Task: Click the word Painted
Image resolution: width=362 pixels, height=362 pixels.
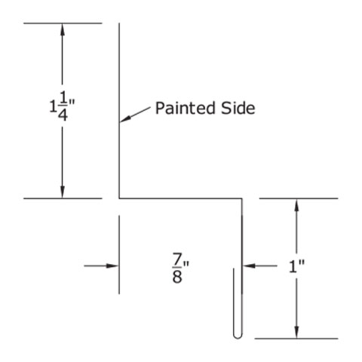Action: [x=186, y=108]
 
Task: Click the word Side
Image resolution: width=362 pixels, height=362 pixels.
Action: [x=238, y=108]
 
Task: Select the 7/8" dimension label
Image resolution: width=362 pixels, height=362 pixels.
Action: [x=180, y=268]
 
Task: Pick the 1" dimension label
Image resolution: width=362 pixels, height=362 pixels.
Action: [x=296, y=266]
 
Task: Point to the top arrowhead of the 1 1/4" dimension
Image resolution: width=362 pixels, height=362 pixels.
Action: [x=63, y=29]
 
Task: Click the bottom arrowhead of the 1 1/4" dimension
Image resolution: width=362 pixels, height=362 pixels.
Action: [x=63, y=192]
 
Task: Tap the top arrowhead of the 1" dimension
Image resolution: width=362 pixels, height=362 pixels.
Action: [x=297, y=205]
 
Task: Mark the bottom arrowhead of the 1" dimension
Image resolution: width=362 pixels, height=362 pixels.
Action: [x=297, y=333]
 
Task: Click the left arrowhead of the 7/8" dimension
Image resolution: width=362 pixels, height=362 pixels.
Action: [x=112, y=265]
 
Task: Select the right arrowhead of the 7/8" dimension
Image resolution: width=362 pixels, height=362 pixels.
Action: [x=249, y=265]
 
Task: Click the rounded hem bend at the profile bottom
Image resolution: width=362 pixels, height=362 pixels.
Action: [x=238, y=336]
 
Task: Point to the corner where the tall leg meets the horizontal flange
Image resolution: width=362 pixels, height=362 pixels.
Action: [x=119, y=198]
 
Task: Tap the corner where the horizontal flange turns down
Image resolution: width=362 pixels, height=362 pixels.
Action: [x=242, y=198]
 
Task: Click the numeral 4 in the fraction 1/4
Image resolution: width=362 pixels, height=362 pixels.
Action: [x=63, y=115]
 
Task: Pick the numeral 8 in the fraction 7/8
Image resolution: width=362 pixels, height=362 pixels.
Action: [x=177, y=278]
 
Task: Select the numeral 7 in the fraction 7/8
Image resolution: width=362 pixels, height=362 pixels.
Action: [x=177, y=259]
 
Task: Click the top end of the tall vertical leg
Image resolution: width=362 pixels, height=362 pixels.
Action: [x=119, y=23]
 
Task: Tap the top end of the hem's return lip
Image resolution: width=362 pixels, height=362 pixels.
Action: [x=234, y=268]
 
